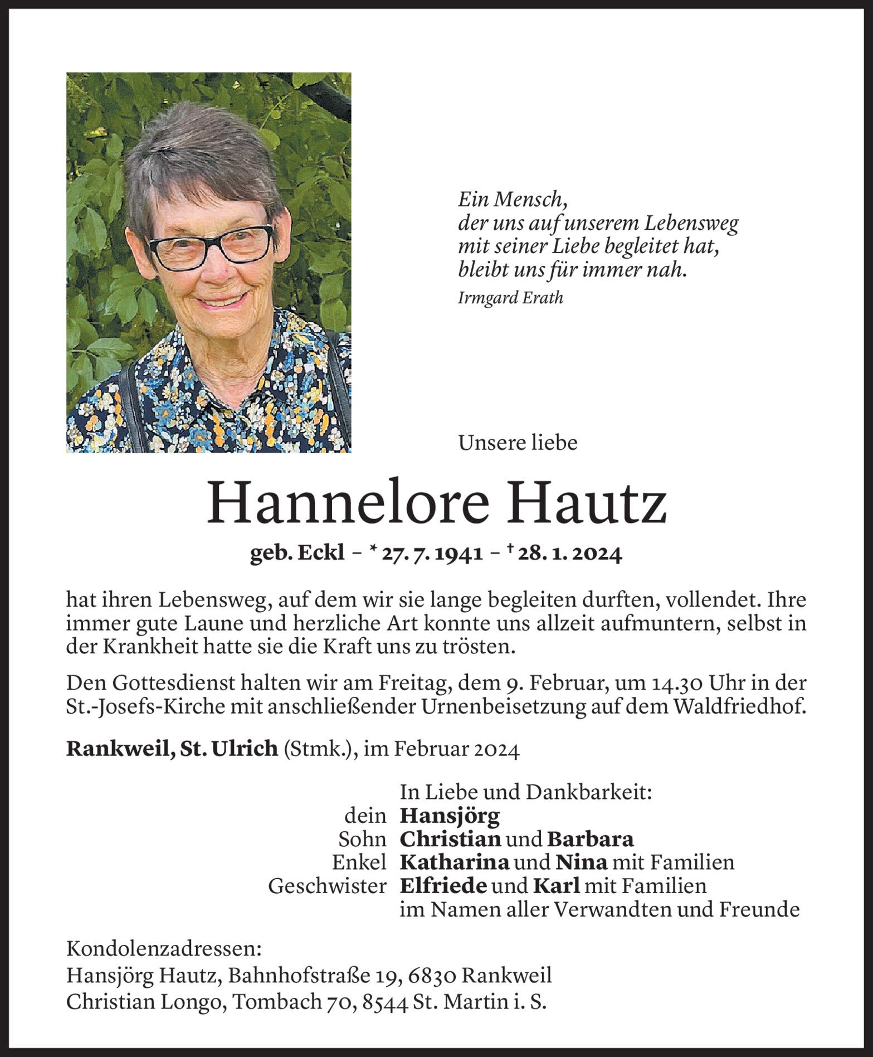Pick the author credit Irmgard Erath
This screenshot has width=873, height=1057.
coord(510,298)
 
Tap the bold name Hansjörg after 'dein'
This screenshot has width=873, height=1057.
coord(450,816)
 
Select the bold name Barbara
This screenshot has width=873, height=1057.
coord(590,840)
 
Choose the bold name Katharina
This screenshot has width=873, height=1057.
coord(455,863)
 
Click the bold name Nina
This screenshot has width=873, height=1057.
coord(581,863)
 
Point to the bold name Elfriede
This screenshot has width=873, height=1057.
coord(443,886)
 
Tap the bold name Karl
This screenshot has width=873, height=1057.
coord(557,886)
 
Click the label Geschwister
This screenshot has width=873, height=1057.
coord(327,886)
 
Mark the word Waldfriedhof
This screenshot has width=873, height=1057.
coord(739,707)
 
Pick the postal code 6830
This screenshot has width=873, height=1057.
coord(432,976)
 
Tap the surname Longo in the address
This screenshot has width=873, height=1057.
coord(193,1002)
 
